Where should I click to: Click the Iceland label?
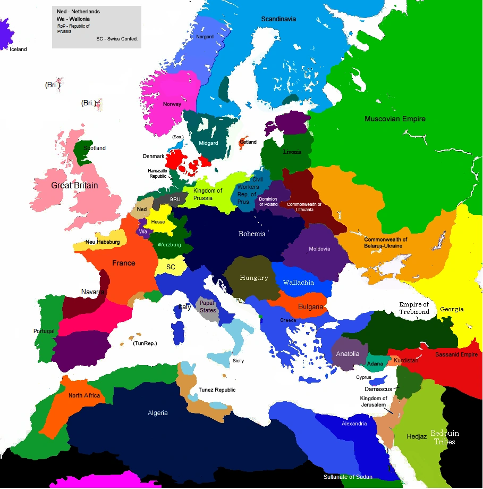click(18, 49)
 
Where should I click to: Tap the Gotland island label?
click(248, 142)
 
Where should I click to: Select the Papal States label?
click(208, 306)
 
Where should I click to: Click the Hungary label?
click(254, 278)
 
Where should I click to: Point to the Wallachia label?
click(299, 283)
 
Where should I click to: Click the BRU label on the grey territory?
click(175, 199)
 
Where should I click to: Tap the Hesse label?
click(158, 221)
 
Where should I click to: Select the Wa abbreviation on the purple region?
click(142, 231)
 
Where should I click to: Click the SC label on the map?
click(171, 267)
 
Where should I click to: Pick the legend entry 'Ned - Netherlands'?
click(78, 11)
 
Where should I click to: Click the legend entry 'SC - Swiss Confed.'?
click(117, 39)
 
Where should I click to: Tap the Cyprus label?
click(363, 377)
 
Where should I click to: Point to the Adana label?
click(375, 363)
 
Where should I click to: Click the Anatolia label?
click(348, 354)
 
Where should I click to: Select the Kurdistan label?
click(406, 360)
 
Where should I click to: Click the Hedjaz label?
click(417, 437)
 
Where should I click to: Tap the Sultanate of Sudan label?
click(348, 476)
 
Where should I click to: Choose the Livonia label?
click(292, 152)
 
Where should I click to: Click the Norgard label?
click(205, 37)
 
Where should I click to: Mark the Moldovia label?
click(319, 248)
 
